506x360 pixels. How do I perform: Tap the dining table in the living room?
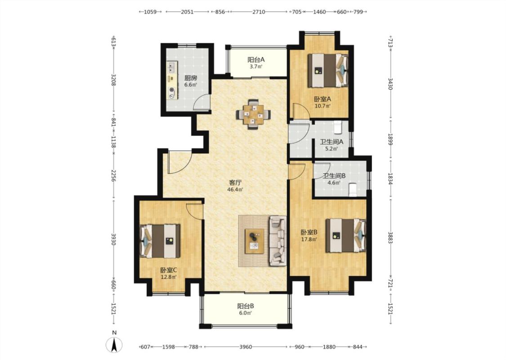(x=253, y=114)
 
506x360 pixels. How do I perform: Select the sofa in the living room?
(x=278, y=241)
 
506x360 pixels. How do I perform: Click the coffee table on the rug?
(x=254, y=241)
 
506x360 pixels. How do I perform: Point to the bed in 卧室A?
(x=328, y=70)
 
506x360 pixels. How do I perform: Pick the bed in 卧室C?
(x=160, y=241)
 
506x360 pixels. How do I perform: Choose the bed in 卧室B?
(x=345, y=235)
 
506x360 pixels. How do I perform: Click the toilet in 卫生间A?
(x=338, y=127)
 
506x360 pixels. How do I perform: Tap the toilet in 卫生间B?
(x=353, y=189)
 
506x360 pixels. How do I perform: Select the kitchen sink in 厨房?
(x=171, y=67)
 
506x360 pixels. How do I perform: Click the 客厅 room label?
(x=235, y=183)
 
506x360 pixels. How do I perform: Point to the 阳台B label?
(x=246, y=306)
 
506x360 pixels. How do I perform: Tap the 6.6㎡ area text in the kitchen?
(x=190, y=85)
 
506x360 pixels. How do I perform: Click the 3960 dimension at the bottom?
(x=246, y=347)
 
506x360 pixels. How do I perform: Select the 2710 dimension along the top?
(x=259, y=12)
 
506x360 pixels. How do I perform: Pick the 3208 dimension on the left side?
(x=113, y=80)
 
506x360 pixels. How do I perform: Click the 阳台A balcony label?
(x=256, y=60)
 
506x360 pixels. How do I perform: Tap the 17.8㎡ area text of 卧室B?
(x=309, y=239)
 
